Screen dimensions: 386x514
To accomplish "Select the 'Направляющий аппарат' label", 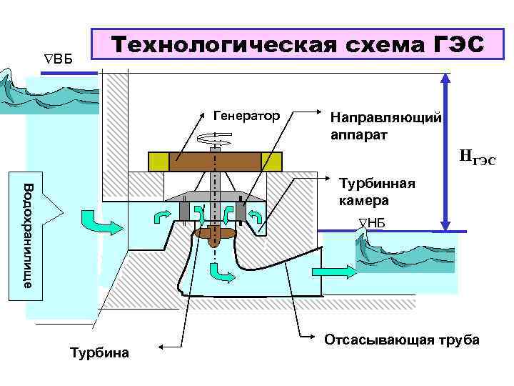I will (386, 125).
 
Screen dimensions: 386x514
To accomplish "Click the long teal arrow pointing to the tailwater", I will (330, 272).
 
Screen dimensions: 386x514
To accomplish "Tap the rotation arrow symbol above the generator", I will (214, 139).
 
